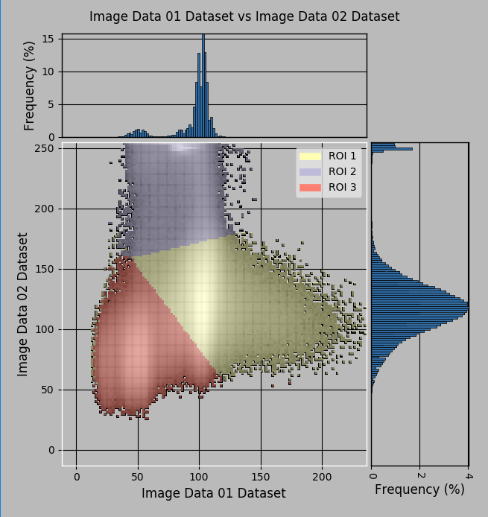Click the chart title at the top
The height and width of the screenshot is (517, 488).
click(x=244, y=16)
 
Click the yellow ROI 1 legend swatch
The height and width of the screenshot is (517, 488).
click(x=310, y=156)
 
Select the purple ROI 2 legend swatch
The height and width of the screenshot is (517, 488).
click(x=310, y=171)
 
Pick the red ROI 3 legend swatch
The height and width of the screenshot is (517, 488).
click(x=310, y=187)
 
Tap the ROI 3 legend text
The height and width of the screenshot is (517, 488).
click(x=342, y=187)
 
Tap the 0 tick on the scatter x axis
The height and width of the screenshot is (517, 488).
click(x=76, y=476)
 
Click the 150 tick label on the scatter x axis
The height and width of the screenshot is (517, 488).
click(x=261, y=476)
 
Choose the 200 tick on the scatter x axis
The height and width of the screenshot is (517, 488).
click(x=322, y=476)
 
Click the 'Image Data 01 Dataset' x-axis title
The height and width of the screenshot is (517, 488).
click(x=214, y=493)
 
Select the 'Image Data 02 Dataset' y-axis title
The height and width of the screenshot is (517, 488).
click(x=23, y=304)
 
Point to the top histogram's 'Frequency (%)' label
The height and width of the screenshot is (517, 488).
click(x=30, y=86)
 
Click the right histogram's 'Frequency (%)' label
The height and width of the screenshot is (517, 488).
click(x=419, y=489)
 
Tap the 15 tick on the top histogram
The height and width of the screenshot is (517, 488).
click(x=49, y=39)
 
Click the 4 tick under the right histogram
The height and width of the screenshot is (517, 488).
click(x=469, y=476)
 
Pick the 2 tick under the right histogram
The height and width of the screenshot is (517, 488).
click(x=420, y=476)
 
